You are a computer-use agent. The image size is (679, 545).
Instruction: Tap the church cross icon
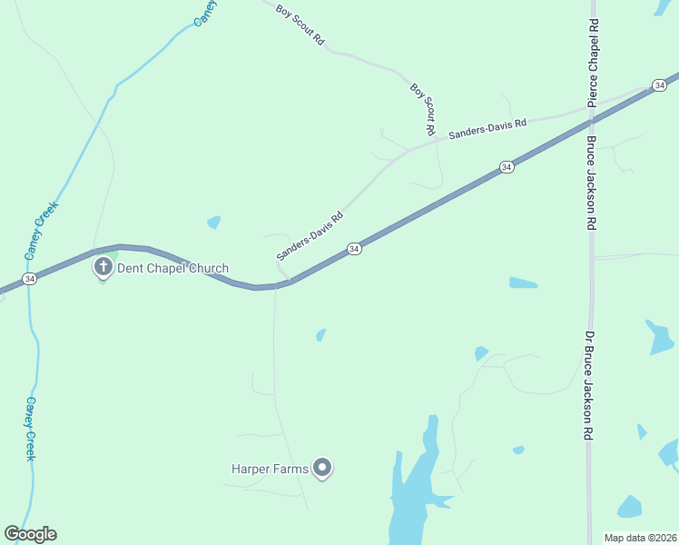(x=103, y=267)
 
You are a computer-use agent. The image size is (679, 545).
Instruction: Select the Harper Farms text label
(x=270, y=469)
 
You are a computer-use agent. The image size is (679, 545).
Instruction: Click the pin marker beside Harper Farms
(x=322, y=468)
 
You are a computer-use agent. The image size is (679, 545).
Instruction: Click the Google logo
(x=30, y=534)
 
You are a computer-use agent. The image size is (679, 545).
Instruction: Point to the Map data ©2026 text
(x=639, y=538)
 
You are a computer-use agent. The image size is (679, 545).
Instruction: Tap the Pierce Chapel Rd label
(x=593, y=63)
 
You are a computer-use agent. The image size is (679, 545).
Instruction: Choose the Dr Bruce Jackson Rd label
(x=589, y=385)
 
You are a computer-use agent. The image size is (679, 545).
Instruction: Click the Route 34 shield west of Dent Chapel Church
(x=30, y=280)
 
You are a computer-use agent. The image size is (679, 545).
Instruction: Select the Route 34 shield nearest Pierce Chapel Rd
(x=658, y=84)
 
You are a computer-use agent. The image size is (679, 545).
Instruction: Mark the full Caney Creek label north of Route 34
(x=41, y=228)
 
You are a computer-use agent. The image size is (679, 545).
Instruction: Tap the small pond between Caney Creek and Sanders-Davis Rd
(x=213, y=222)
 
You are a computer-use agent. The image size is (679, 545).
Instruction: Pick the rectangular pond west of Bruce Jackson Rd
(x=523, y=282)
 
